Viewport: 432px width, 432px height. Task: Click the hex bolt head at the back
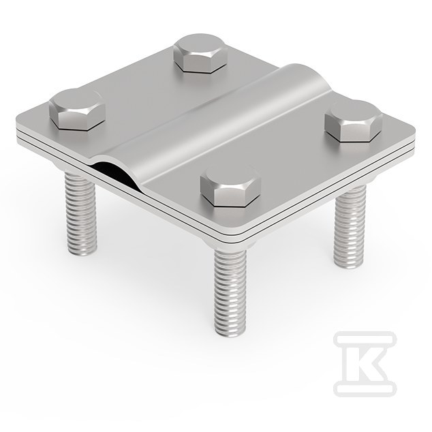[x=201, y=54]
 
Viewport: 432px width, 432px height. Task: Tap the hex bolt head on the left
[x=77, y=110]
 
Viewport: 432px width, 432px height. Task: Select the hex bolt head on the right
[x=354, y=121]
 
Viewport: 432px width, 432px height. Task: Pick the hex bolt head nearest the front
[x=230, y=186]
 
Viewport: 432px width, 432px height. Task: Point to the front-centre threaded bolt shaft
[x=231, y=293]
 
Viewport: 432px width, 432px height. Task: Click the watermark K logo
[x=365, y=364]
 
